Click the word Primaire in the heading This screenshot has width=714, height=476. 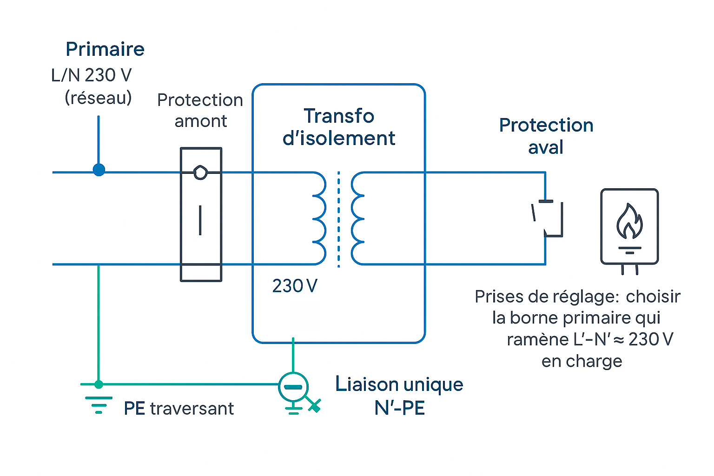click(105, 49)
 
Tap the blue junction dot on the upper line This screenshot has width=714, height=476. click(99, 170)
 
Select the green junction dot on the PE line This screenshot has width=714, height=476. click(99, 384)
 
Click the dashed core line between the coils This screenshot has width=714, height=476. click(338, 218)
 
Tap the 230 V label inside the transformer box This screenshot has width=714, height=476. click(295, 286)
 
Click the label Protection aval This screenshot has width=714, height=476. click(546, 136)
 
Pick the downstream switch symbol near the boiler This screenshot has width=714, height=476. click(548, 218)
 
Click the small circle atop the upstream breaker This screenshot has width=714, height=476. click(200, 172)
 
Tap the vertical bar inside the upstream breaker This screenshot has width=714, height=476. click(200, 220)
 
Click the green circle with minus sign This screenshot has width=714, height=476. click(293, 387)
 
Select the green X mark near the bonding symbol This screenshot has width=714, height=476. click(315, 406)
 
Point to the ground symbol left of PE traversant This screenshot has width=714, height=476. click(99, 405)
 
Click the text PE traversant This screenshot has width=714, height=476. click(179, 409)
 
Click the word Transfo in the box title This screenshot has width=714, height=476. click(339, 116)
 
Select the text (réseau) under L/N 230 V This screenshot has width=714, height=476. click(98, 98)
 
